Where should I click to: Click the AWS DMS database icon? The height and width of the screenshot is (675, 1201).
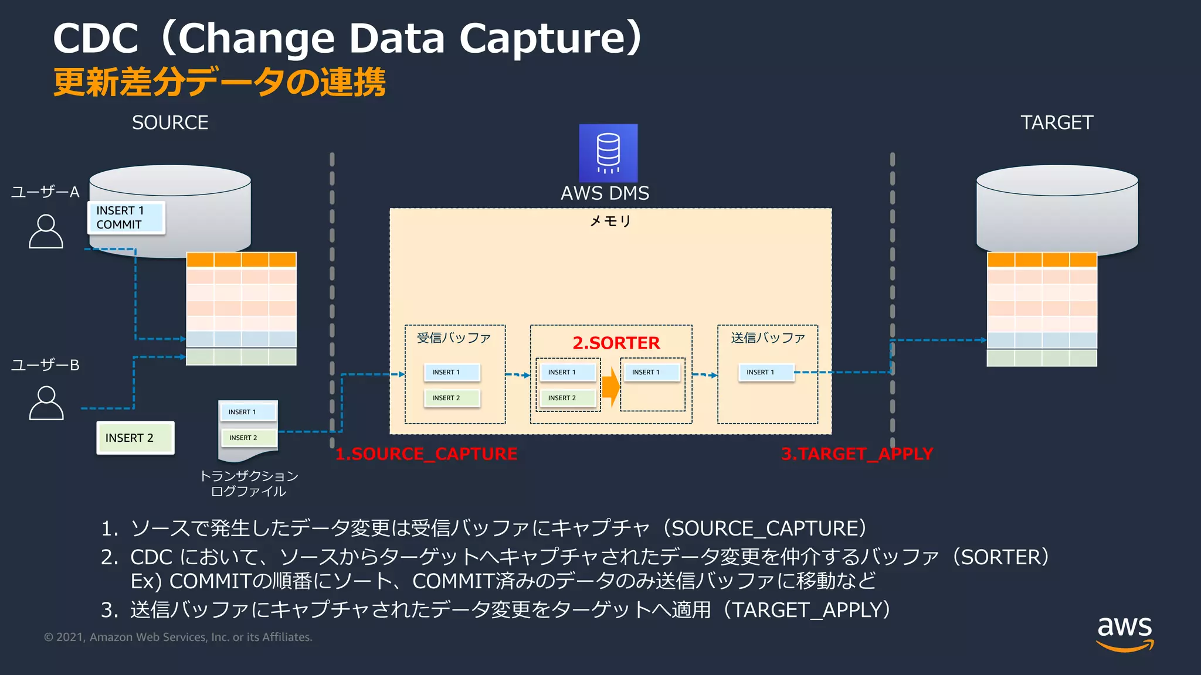click(x=608, y=152)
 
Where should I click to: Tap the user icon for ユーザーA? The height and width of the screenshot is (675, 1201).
click(x=46, y=231)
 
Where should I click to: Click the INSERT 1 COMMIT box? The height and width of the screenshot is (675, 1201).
click(x=126, y=217)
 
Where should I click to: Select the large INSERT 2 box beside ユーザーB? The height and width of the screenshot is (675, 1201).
click(x=135, y=438)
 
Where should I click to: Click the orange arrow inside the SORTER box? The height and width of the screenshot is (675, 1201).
click(x=610, y=386)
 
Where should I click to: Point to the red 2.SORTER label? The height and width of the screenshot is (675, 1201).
click(x=616, y=343)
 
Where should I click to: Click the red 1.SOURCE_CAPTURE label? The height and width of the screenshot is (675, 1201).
click(x=426, y=454)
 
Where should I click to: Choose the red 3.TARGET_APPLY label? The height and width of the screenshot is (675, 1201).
click(x=857, y=454)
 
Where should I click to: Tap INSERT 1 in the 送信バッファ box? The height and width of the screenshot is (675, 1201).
click(x=765, y=372)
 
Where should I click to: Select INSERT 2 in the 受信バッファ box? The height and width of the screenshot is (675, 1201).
click(x=452, y=398)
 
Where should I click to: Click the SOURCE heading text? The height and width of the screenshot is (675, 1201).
click(x=170, y=122)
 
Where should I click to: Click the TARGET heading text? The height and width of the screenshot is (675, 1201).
click(x=1057, y=122)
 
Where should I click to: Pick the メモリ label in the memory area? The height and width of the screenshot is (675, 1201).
click(x=610, y=221)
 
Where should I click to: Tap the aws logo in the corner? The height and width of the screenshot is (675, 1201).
click(x=1125, y=633)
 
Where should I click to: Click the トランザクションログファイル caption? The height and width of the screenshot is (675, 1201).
click(x=249, y=483)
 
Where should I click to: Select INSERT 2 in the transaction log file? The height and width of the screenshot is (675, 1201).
click(x=248, y=438)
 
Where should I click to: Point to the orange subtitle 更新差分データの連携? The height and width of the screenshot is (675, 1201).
click(x=219, y=82)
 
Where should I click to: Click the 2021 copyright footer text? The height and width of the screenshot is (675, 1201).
click(x=178, y=637)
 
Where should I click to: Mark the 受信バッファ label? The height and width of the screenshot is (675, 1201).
click(x=453, y=338)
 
